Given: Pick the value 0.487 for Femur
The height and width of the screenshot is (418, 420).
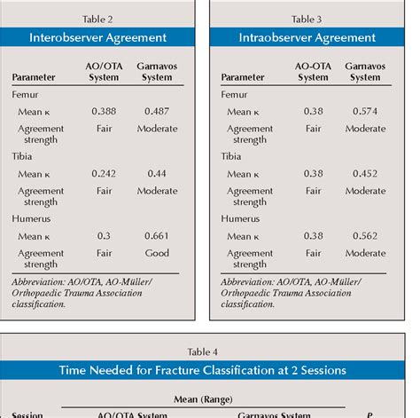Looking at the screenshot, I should point(155,112).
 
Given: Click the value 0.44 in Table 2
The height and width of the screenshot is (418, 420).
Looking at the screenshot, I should point(155,174).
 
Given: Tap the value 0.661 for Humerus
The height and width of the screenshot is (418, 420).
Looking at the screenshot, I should point(155,236).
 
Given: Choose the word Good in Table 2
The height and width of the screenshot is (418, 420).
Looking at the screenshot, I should point(155,253).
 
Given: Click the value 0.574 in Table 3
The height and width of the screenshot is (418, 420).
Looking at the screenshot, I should point(364,112).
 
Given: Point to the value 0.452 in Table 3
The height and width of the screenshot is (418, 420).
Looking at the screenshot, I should point(364,174).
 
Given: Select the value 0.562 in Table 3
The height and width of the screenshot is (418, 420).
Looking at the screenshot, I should point(364,236).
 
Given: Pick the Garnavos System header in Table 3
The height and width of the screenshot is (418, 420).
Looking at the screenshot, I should point(364,71).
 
